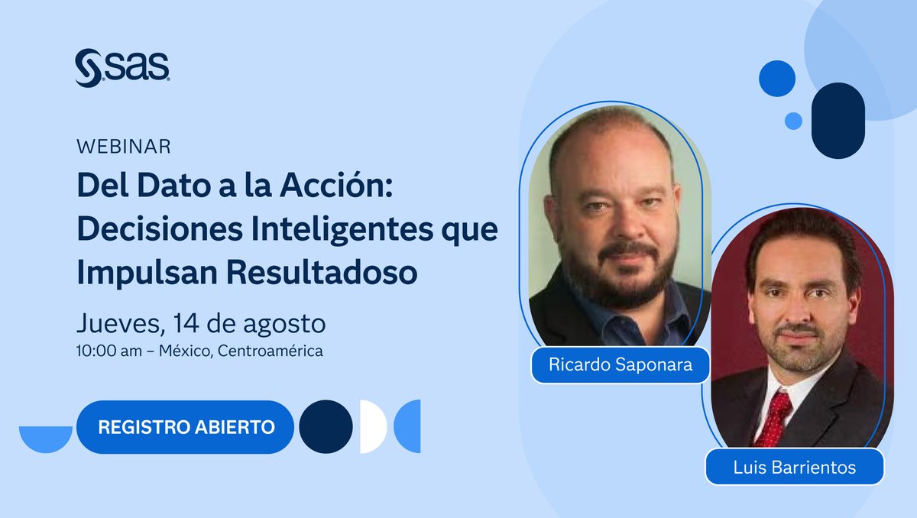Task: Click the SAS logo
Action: click(x=122, y=67)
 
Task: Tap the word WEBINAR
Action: click(x=124, y=146)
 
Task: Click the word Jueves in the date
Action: click(x=116, y=323)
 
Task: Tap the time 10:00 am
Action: click(x=106, y=351)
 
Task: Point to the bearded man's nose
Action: click(x=618, y=222)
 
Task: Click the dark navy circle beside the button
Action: click(x=326, y=426)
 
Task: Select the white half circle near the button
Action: click(x=374, y=426)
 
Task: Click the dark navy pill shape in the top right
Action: click(x=838, y=120)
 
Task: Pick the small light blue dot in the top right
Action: click(x=793, y=121)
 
